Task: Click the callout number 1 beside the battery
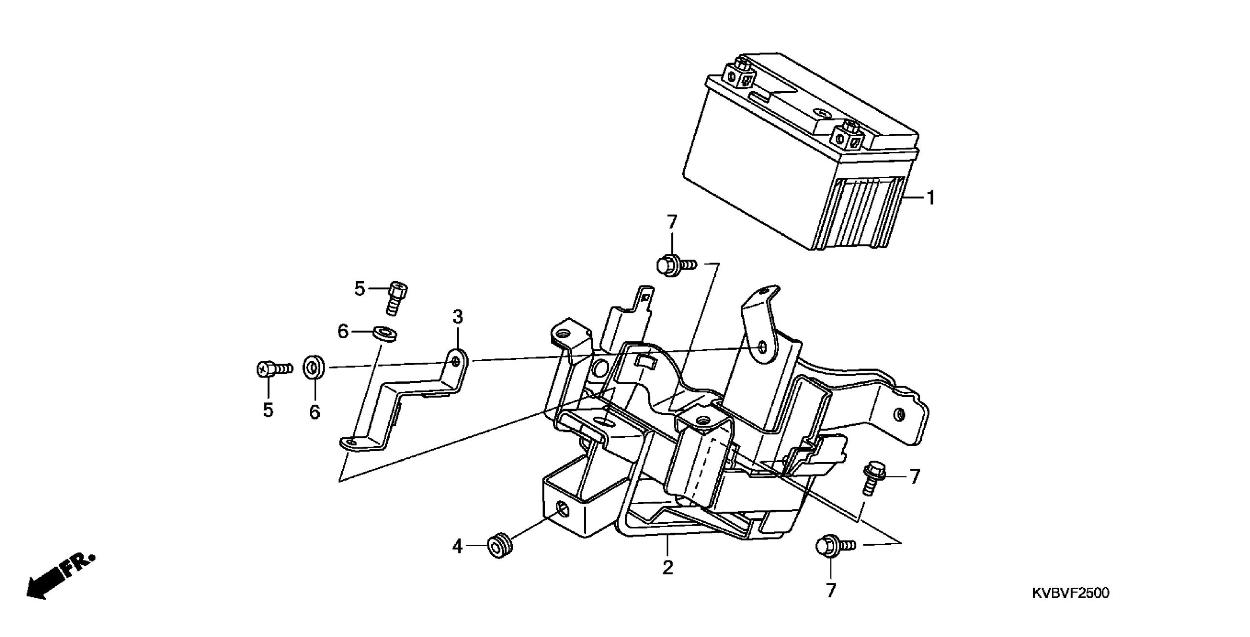click(931, 198)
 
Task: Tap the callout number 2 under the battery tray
click(667, 567)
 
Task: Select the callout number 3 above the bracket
click(457, 317)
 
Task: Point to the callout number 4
click(457, 547)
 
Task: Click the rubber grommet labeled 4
click(500, 546)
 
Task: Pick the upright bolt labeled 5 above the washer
click(398, 298)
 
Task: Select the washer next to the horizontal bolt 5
click(314, 368)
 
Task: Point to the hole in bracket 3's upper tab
click(455, 361)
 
